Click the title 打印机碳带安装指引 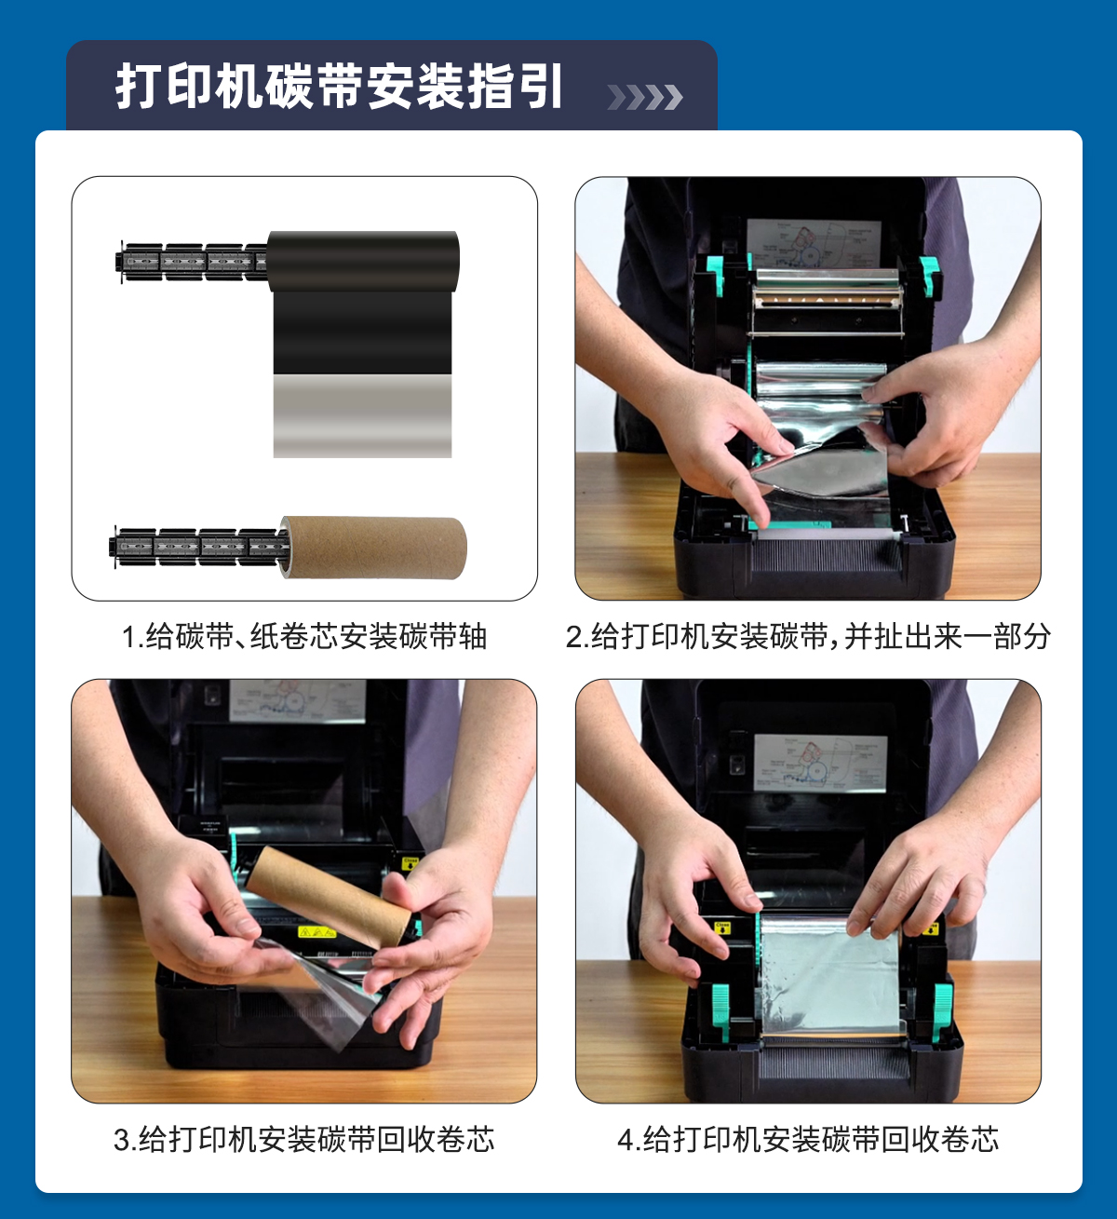point(339,87)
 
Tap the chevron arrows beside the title point(644,97)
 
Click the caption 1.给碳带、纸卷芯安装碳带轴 point(303,636)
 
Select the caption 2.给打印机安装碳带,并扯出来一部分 point(808,636)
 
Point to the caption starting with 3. point(303,1139)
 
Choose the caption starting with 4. point(808,1139)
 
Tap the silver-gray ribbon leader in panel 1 point(363,415)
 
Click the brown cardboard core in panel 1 point(373,548)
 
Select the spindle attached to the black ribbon point(192,262)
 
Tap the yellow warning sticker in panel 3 point(317,932)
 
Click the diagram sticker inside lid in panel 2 point(814,243)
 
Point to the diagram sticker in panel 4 point(820,763)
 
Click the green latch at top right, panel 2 point(927,273)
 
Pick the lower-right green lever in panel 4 point(942,1011)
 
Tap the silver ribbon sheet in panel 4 point(830,974)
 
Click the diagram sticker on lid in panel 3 point(298,700)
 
